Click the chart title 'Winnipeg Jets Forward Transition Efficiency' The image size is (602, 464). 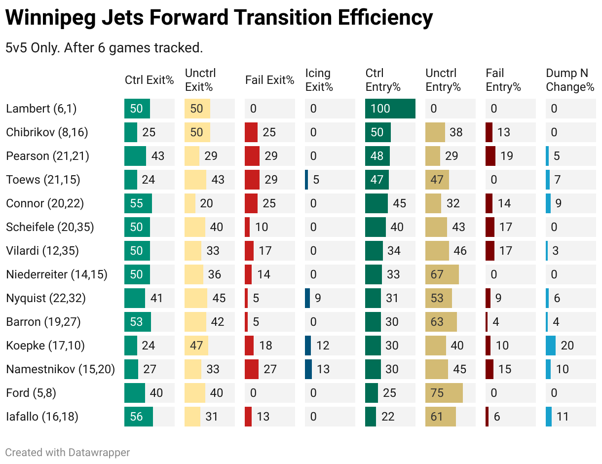click(x=219, y=18)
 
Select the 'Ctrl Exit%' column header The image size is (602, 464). click(x=149, y=80)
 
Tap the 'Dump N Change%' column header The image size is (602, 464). click(x=570, y=80)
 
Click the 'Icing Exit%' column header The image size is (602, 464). click(x=319, y=80)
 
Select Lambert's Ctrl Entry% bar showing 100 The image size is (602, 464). click(x=390, y=109)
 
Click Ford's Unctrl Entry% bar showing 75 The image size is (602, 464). click(x=444, y=393)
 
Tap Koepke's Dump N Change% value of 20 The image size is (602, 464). click(x=567, y=346)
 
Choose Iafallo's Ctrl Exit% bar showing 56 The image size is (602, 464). click(x=139, y=417)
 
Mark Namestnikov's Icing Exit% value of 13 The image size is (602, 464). click(x=323, y=369)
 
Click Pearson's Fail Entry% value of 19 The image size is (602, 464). click(x=506, y=156)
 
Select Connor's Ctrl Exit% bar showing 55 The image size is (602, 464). click(x=138, y=203)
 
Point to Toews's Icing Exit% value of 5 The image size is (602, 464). click(x=316, y=180)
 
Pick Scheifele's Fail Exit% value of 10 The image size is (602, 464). click(x=262, y=227)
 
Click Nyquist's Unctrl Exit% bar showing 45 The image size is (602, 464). click(x=196, y=298)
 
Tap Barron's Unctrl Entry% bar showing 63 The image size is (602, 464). click(x=441, y=322)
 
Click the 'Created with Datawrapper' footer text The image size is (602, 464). click(x=68, y=452)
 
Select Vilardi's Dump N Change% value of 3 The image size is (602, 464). click(x=556, y=251)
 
